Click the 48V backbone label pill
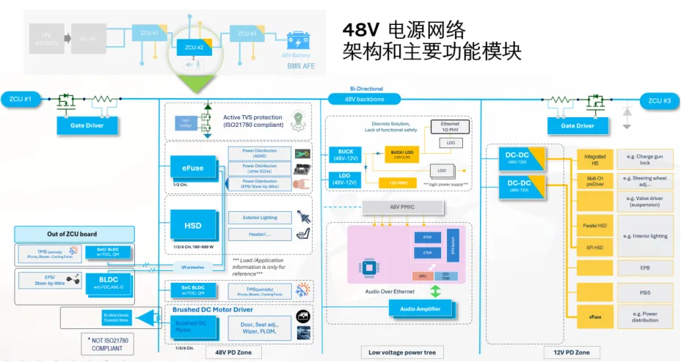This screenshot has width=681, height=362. [365, 98]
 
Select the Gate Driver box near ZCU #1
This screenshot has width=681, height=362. [87, 125]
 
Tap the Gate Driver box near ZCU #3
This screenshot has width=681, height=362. [578, 125]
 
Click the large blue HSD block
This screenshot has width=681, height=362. [193, 226]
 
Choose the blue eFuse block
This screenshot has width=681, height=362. [193, 168]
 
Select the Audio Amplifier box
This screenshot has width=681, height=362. [420, 309]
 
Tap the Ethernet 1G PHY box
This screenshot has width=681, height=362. [450, 128]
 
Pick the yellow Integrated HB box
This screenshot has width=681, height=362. [595, 159]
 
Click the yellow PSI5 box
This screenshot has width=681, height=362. [595, 293]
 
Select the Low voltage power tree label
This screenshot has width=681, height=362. [401, 352]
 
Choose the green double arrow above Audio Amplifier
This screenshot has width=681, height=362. [435, 291]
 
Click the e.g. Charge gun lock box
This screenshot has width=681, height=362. [644, 159]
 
